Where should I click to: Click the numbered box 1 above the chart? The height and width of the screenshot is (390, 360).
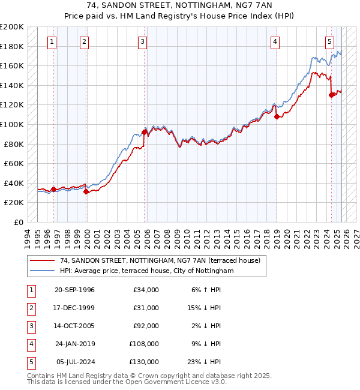(x=52, y=41)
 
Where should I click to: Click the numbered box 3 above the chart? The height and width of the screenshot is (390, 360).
(x=142, y=41)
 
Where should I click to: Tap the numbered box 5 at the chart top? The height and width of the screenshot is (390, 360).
(x=330, y=41)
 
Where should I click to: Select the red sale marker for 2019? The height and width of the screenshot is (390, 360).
(x=277, y=117)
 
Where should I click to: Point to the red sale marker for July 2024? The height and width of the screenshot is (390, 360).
(x=331, y=94)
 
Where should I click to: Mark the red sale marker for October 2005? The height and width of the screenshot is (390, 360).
(x=144, y=132)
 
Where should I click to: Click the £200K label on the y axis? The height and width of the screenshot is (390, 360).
(x=11, y=27)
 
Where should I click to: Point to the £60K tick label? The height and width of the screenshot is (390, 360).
(x=14, y=163)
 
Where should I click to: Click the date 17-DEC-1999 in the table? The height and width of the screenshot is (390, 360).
(x=74, y=308)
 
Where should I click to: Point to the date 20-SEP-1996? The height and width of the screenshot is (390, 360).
(x=74, y=290)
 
